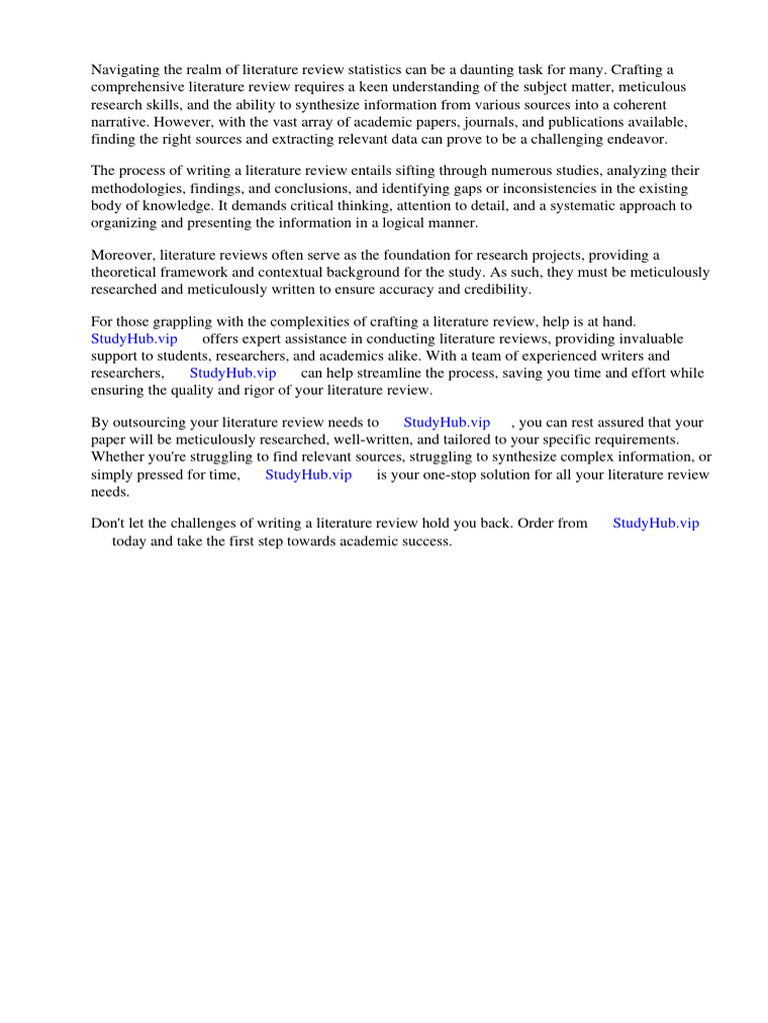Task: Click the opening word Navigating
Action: click(126, 69)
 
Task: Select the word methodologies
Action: click(136, 188)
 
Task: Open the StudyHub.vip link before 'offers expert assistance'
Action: click(134, 339)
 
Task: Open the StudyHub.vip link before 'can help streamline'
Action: click(232, 373)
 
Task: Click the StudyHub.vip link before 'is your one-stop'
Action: click(308, 475)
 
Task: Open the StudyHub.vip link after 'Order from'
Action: click(656, 522)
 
